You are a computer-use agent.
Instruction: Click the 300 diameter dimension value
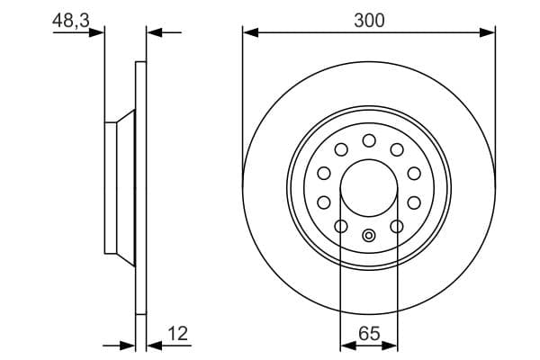369,21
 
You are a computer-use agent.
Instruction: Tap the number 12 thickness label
178,335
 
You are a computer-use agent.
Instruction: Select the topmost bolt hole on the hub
369,140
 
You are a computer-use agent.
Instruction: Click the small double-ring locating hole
369,236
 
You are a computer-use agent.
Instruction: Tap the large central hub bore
369,188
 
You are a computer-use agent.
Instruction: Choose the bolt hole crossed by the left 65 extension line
341,226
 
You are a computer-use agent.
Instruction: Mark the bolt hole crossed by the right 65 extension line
397,226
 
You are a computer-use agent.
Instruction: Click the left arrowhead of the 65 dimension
346,345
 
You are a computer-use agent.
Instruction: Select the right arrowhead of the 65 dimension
392,345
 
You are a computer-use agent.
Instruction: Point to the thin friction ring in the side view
139,188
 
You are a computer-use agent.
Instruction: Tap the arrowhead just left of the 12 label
152,345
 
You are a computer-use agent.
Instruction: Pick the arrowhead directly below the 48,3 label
99,32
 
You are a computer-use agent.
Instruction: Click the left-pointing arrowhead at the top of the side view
152,32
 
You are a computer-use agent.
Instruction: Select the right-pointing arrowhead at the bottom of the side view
128,345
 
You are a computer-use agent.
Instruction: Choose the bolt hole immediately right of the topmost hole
397,149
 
